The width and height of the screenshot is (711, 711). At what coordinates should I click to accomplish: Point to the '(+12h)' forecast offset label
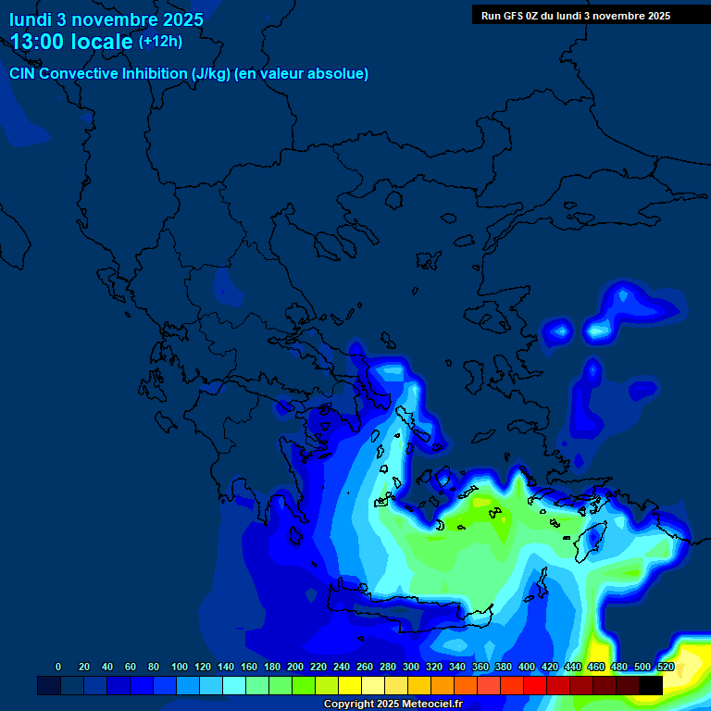[160, 41]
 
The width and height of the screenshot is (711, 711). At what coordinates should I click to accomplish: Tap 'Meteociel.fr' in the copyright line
[432, 705]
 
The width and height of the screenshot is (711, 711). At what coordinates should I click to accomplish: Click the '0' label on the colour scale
[58, 667]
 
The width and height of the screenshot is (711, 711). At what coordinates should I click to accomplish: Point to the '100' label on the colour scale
[180, 667]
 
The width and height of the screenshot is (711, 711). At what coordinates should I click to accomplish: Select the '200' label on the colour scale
[295, 667]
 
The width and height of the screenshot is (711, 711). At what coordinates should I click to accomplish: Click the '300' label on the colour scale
[411, 667]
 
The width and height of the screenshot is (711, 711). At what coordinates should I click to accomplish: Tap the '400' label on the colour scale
[527, 667]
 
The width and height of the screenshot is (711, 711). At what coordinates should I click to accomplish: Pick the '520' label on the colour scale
[666, 667]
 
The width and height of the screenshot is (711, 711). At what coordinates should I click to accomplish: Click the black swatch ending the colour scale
[651, 685]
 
